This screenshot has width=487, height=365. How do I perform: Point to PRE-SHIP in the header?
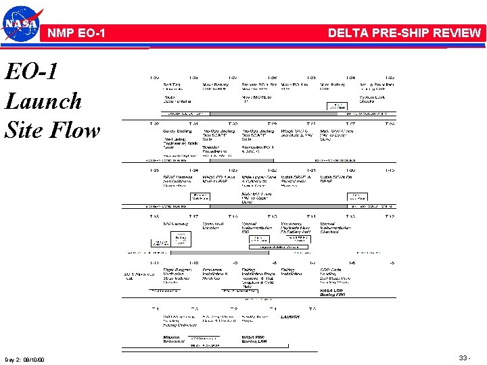coord(402,32)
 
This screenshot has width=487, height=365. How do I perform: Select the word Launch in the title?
coord(43,101)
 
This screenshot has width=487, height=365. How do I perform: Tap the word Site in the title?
coord(25,130)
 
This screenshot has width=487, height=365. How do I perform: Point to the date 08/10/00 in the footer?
coord(34,359)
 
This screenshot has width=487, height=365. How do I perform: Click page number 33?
coord(463,358)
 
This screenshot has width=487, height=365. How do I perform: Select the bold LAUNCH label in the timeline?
coord(290,316)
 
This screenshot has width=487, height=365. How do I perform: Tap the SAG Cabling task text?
coord(176,223)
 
